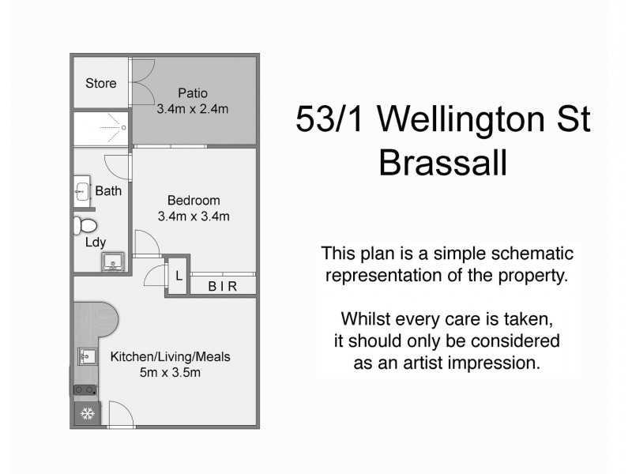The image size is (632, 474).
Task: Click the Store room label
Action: pyautogui.click(x=100, y=83)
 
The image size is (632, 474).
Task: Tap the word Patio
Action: pyautogui.click(x=193, y=92)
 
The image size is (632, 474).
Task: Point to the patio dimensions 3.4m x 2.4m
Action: pyautogui.click(x=193, y=108)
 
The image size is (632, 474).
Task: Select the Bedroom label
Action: pyautogui.click(x=194, y=200)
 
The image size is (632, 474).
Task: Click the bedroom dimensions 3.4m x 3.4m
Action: pyautogui.click(x=194, y=216)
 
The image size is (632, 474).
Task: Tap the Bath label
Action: pyautogui.click(x=108, y=190)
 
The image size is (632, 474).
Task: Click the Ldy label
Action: pyautogui.click(x=96, y=243)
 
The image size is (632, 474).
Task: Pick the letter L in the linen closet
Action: pyautogui.click(x=179, y=276)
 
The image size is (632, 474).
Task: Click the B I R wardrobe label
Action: pyautogui.click(x=222, y=286)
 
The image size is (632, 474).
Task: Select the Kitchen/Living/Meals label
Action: pyautogui.click(x=170, y=356)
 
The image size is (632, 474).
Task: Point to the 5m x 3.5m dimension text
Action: pyautogui.click(x=170, y=372)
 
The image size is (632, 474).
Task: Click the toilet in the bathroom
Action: pyautogui.click(x=84, y=226)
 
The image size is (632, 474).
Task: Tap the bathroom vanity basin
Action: pyautogui.click(x=83, y=190)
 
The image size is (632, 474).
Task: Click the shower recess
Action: pyautogui.click(x=101, y=129)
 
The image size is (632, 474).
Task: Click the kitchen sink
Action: pyautogui.click(x=86, y=357)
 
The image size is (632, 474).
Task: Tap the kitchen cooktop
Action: pyautogui.click(x=85, y=389)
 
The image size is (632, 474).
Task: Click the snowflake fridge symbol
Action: pyautogui.click(x=87, y=414)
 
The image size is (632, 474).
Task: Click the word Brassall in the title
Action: pyautogui.click(x=442, y=164)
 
